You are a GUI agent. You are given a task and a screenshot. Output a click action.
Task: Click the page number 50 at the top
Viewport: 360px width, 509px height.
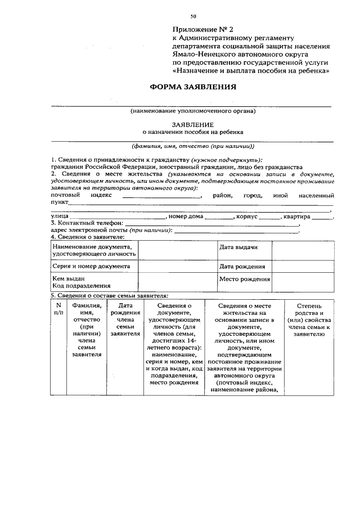tap(193, 17)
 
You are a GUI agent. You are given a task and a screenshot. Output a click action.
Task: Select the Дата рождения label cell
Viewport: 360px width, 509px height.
tap(244, 266)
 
